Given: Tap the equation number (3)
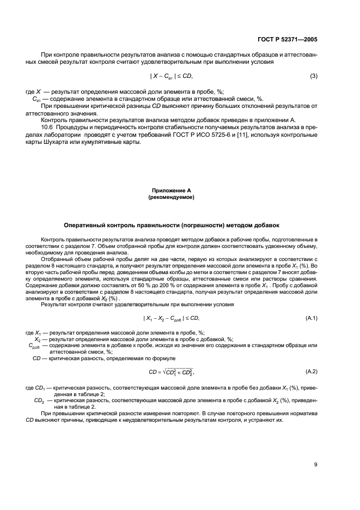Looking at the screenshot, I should pos(314,76).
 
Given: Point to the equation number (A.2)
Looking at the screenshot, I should pos(312,372).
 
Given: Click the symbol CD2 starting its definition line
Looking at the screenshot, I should pos(38,400).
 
